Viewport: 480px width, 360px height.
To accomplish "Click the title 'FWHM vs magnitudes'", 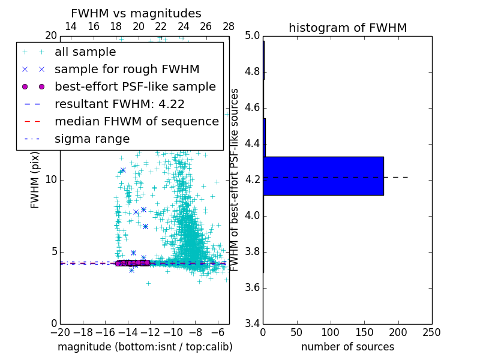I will tap(136, 13).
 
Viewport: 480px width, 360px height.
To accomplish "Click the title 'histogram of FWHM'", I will tap(347, 28).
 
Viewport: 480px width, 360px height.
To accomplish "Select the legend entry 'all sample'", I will tap(85, 52).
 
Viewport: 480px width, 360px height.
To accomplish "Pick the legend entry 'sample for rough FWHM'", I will tap(127, 69).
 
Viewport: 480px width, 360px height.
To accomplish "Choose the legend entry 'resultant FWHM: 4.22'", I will tap(119, 104).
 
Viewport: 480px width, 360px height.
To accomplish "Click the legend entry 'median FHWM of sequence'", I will tap(136, 121).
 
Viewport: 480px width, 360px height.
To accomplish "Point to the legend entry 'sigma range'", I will tap(92, 139).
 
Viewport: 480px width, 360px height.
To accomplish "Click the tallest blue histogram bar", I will tap(323, 176).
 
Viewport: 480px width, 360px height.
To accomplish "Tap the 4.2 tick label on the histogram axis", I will tap(252, 180).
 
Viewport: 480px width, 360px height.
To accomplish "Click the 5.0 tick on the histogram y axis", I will tap(252, 36).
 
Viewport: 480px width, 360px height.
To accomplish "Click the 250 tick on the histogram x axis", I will tap(431, 332).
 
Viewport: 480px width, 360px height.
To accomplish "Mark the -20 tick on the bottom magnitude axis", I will tap(60, 332).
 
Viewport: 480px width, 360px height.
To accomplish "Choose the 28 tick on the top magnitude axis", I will tap(229, 26).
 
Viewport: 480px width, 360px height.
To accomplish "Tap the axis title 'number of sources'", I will tap(347, 347).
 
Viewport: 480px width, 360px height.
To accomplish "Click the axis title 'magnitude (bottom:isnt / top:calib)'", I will tap(145, 347).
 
